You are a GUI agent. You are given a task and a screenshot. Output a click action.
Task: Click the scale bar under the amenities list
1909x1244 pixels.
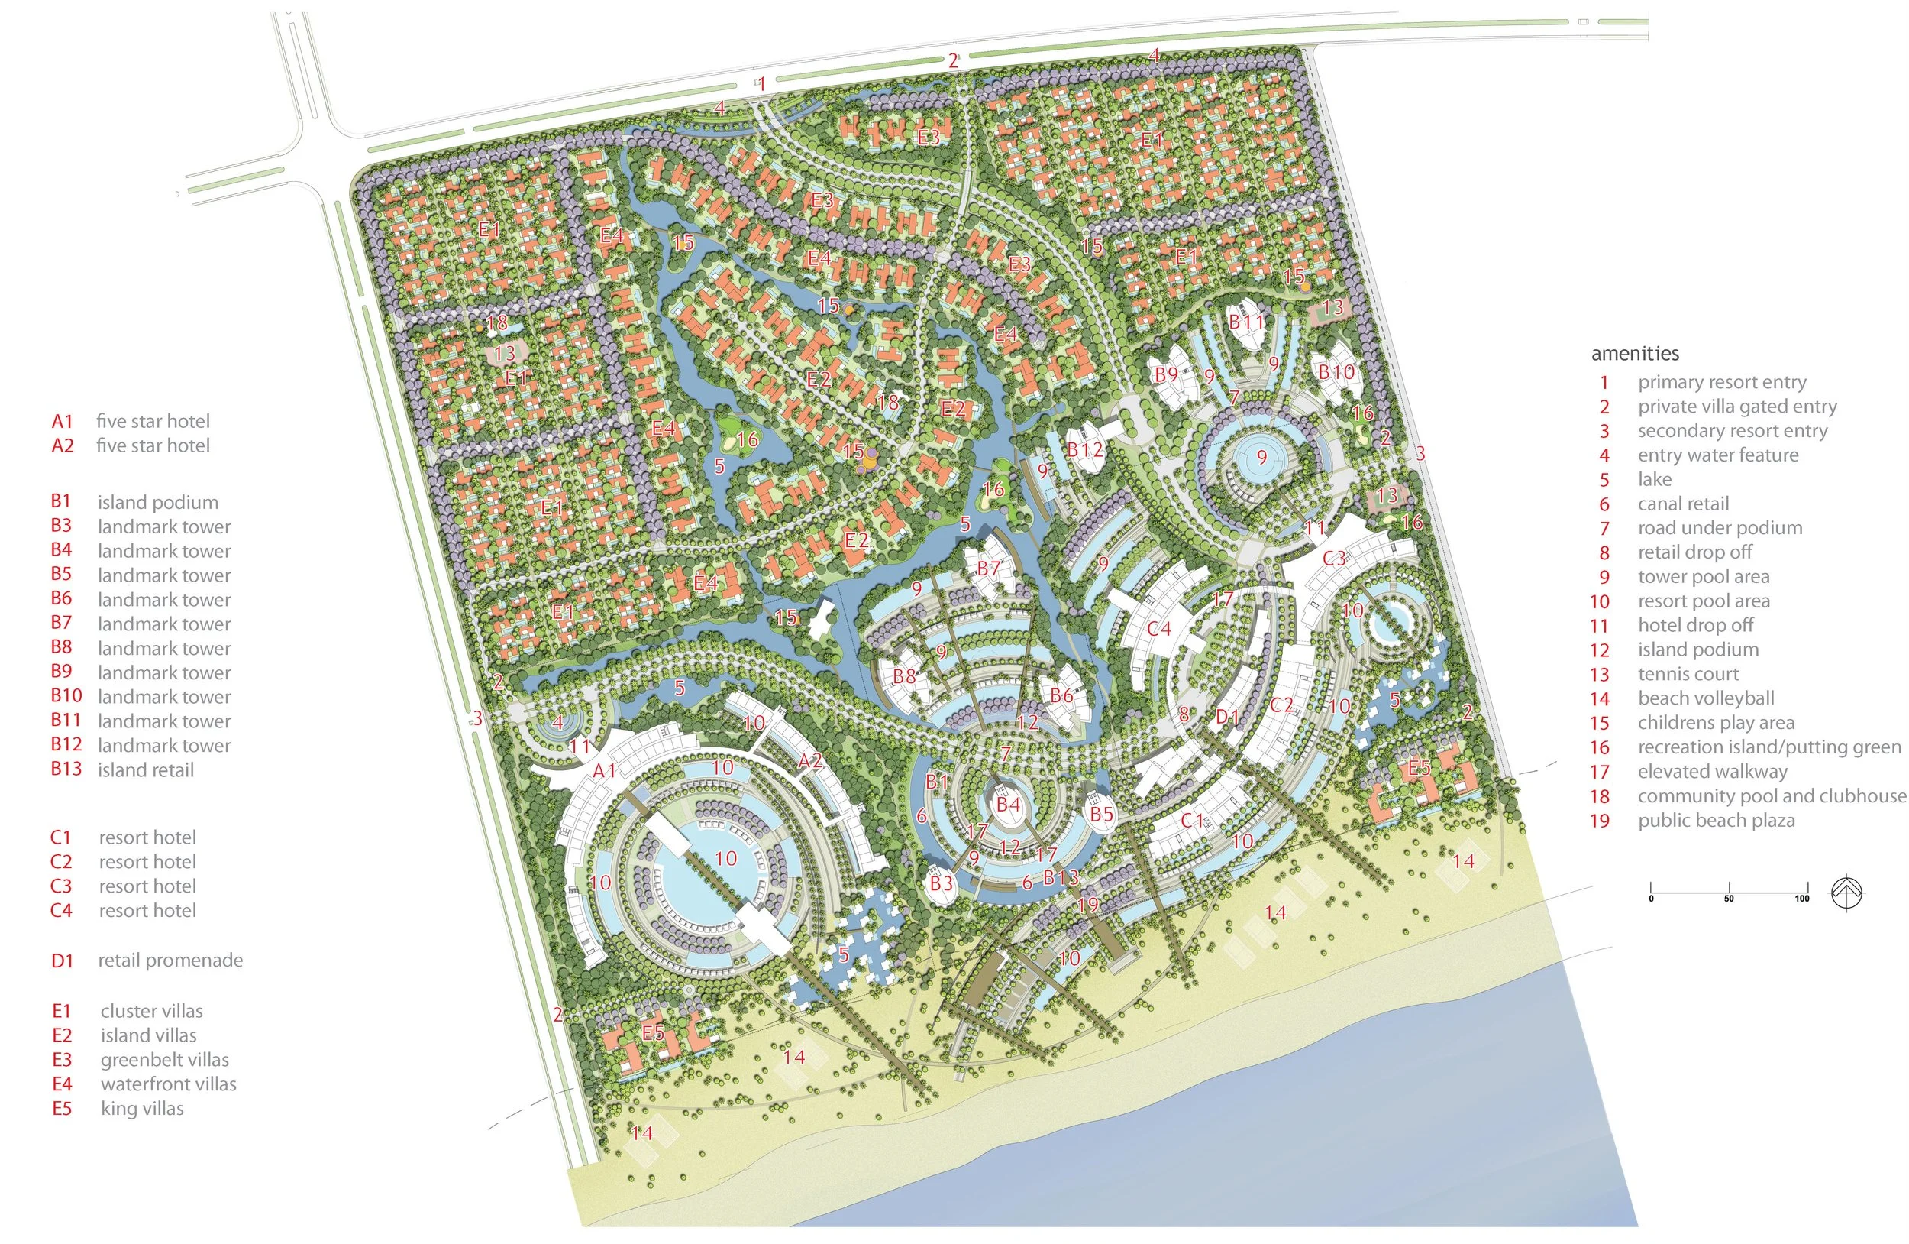pos(1730,892)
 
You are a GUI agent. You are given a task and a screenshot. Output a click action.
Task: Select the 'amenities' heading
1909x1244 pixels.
pos(1635,353)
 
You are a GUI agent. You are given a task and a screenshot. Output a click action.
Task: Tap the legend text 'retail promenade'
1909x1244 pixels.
pos(170,960)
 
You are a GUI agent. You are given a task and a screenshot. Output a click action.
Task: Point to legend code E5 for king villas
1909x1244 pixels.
pos(62,1108)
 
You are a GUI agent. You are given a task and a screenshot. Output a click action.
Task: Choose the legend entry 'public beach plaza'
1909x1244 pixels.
pos(1716,820)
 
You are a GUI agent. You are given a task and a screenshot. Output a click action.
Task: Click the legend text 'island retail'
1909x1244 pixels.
pos(145,770)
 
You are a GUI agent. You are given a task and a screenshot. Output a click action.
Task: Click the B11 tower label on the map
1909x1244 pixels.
pos(1246,322)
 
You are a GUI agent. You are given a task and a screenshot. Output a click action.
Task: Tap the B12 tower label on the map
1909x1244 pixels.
pos(1085,449)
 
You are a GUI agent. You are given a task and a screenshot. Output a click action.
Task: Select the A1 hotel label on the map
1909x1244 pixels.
pos(604,770)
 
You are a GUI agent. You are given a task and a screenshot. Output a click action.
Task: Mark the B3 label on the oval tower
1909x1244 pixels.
pos(941,883)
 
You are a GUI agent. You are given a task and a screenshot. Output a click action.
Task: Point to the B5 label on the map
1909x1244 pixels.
pos(1101,814)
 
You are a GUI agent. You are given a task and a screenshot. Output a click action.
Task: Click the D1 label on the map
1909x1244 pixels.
pos(1227,717)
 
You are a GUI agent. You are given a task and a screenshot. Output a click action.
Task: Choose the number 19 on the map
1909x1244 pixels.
pos(1088,905)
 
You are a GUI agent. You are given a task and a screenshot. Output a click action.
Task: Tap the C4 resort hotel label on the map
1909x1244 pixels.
pos(1159,628)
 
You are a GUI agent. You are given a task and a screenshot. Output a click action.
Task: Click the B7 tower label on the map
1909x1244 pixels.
pos(989,569)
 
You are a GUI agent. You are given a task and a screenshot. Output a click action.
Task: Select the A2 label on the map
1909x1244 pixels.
pos(810,760)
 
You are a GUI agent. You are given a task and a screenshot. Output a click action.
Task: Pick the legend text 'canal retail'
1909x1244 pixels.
pos(1683,504)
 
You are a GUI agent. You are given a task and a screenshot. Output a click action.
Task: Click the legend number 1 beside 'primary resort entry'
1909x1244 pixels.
pos(1604,383)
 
